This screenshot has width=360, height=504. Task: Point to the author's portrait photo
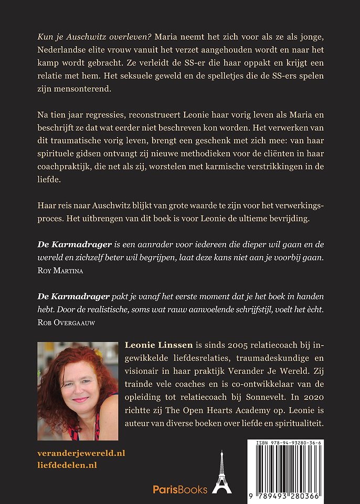coord(78,391)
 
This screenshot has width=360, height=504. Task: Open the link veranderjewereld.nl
coord(81,453)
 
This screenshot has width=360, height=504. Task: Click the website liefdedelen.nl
coord(68,465)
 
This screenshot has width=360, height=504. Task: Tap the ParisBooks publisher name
coord(180,489)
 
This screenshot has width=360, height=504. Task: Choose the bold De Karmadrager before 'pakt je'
coord(70,297)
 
